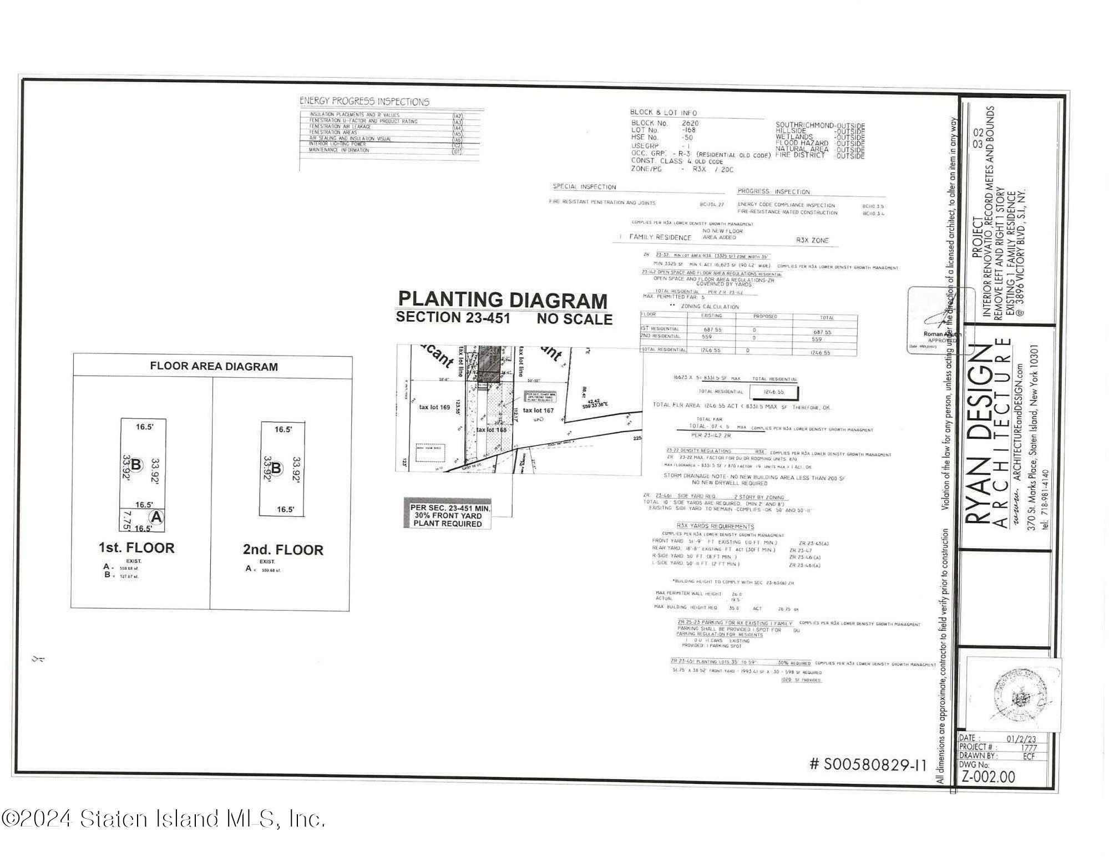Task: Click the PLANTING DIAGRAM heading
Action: click(x=503, y=300)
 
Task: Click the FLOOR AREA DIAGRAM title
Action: click(x=214, y=367)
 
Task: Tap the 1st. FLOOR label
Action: click(x=136, y=548)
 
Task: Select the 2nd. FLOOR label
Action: click(x=283, y=550)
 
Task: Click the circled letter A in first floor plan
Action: click(x=157, y=517)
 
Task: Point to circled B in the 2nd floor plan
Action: click(x=276, y=469)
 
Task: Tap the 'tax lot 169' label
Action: click(x=434, y=407)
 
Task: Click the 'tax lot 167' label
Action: click(x=538, y=410)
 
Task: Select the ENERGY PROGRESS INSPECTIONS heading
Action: click(x=364, y=102)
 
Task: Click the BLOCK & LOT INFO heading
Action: click(x=663, y=113)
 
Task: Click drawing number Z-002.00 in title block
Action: click(x=988, y=777)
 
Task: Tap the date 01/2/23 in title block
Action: click(x=1021, y=739)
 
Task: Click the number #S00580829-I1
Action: click(x=868, y=765)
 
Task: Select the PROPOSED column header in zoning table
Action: click(x=764, y=317)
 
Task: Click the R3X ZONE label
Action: click(x=812, y=241)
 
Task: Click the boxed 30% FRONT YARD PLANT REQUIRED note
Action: click(x=447, y=516)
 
